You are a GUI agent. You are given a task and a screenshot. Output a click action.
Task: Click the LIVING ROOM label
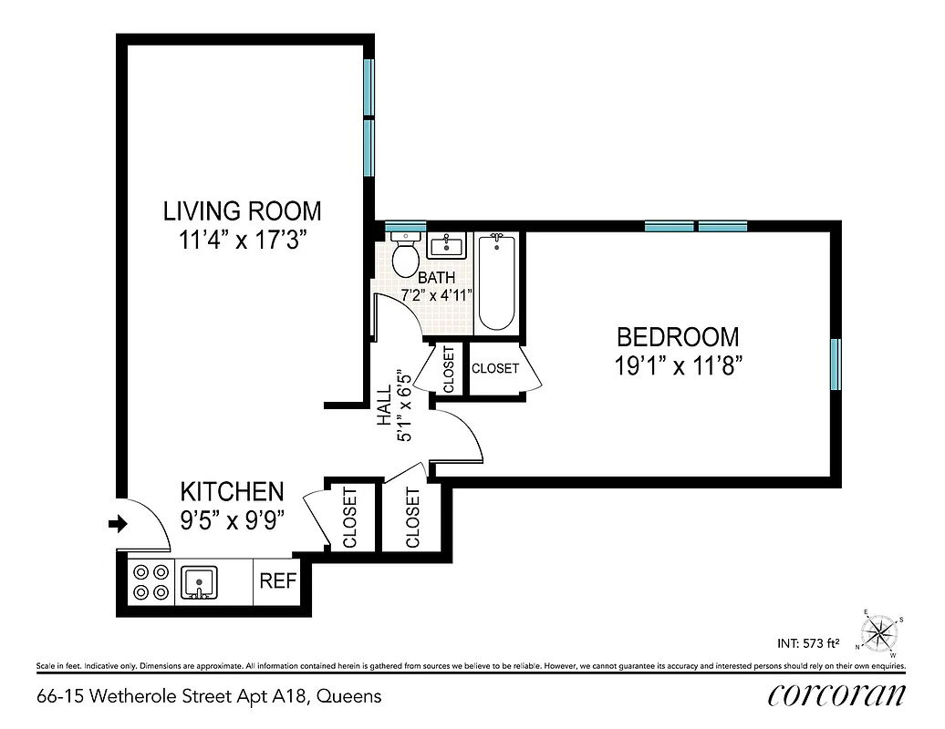pyautogui.click(x=242, y=211)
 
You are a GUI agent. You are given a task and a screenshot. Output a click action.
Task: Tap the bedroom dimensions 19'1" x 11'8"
pyautogui.click(x=678, y=366)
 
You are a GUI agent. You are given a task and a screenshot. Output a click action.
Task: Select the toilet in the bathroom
pyautogui.click(x=405, y=257)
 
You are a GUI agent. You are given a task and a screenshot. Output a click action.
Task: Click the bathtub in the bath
pyautogui.click(x=497, y=282)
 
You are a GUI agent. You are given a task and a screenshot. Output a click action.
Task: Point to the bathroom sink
pyautogui.click(x=447, y=245)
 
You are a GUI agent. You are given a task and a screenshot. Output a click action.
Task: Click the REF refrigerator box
pyautogui.click(x=277, y=580)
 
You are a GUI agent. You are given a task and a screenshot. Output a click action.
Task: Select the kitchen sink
pyautogui.click(x=198, y=581)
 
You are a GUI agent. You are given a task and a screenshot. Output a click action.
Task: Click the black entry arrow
pyautogui.click(x=118, y=524)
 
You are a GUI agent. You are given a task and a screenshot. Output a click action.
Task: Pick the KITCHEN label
pyautogui.click(x=232, y=492)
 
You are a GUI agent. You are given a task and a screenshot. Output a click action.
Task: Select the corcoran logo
pyautogui.click(x=836, y=694)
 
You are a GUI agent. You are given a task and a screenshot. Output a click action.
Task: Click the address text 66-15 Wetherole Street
pyautogui.click(x=209, y=697)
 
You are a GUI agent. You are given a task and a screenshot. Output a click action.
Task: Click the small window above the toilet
pyautogui.click(x=405, y=225)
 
